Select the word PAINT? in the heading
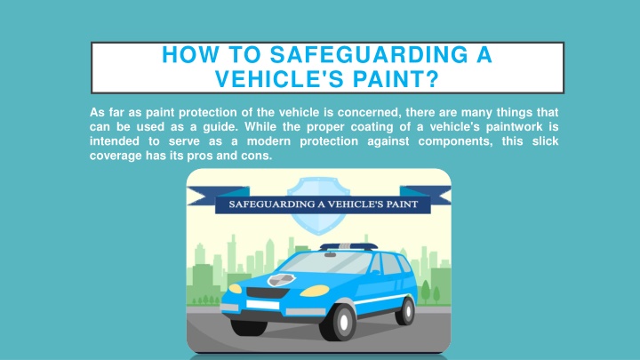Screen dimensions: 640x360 coord(396,79)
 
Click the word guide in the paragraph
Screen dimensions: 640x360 coord(220,127)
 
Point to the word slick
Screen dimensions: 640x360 coord(545,141)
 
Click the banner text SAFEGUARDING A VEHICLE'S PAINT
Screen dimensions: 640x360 coord(324,204)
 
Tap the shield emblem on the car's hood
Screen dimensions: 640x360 coord(281,280)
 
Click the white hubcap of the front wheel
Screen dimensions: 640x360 coord(344,322)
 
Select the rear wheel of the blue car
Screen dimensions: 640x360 coord(405,311)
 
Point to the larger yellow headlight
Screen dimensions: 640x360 coord(315,291)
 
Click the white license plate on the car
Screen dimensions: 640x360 coord(262,305)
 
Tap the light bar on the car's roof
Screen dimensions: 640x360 coord(348,246)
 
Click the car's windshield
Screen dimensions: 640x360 coord(326,263)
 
